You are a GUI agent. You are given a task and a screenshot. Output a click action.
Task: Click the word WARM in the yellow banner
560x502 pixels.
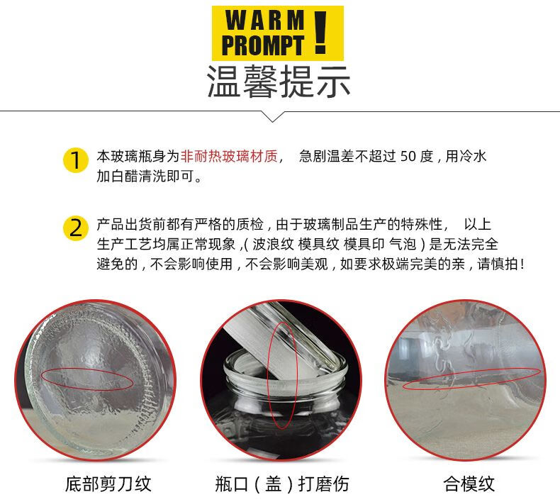pyautogui.click(x=265, y=21)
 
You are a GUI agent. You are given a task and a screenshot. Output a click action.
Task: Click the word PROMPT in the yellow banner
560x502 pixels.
pyautogui.click(x=263, y=45)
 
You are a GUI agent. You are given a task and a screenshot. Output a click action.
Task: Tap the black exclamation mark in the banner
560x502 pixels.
pyautogui.click(x=320, y=33)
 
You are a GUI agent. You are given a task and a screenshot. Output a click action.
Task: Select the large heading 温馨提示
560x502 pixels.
pyautogui.click(x=279, y=82)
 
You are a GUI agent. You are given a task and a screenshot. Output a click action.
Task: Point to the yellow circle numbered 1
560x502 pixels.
pyautogui.click(x=75, y=160)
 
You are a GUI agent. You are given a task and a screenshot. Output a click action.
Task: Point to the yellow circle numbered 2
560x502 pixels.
pyautogui.click(x=75, y=228)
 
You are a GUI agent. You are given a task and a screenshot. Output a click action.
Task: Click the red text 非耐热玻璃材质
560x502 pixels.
pyautogui.click(x=229, y=157)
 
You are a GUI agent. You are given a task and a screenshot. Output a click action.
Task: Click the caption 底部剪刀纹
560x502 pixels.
pyautogui.click(x=108, y=484)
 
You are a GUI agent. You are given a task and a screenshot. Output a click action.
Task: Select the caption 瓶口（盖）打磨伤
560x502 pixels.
pyautogui.click(x=282, y=484)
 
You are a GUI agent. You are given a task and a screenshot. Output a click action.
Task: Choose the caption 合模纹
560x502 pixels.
pyautogui.click(x=469, y=484)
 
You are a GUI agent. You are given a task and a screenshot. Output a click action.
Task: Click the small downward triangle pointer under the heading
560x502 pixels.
pyautogui.click(x=273, y=117)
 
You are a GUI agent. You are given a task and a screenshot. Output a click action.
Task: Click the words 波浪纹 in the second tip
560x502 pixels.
pyautogui.click(x=273, y=245)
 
